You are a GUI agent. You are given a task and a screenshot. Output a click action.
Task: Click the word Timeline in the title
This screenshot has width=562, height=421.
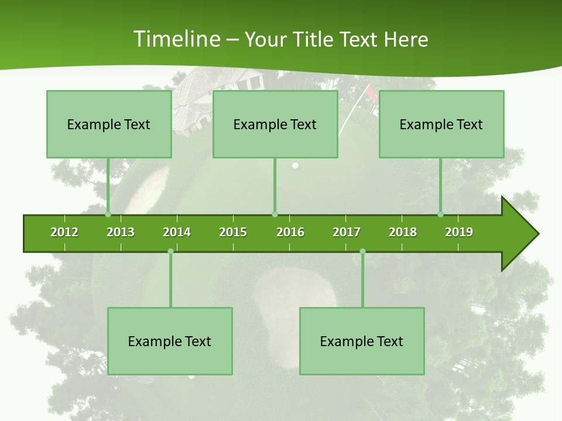pos(176,39)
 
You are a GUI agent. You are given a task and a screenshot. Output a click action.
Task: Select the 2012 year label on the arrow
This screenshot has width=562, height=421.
pos(64,232)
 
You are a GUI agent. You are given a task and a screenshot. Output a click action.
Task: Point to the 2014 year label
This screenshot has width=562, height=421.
pos(177,232)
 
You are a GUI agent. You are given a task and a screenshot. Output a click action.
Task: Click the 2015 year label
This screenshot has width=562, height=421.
pos(233,232)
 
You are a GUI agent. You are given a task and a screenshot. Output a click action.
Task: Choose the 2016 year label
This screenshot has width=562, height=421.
pos(290,232)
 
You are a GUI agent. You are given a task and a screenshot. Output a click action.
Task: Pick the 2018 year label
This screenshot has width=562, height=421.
pos(403,232)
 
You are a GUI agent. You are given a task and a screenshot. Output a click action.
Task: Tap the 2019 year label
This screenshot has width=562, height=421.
pos(459,232)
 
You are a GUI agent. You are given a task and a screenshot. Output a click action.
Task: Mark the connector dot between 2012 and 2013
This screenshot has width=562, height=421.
pos(108,214)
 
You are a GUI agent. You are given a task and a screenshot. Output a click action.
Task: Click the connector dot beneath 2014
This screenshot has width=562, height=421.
pos(170,251)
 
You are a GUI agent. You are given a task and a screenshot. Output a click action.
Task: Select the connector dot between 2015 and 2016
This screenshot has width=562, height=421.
pos(275,214)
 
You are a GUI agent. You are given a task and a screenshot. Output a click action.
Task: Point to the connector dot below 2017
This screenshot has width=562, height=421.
pos(362,251)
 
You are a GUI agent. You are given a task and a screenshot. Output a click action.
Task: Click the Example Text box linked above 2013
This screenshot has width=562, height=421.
pos(109,124)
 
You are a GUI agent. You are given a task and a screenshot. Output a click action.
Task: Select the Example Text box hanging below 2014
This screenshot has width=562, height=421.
pos(170,341)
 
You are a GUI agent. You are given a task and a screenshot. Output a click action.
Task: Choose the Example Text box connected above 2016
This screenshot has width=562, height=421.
pos(275,124)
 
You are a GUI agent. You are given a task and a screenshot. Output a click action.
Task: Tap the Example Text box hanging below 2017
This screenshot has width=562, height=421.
pos(362,341)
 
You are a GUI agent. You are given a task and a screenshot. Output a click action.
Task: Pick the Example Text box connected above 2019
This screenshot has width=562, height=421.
pos(441,124)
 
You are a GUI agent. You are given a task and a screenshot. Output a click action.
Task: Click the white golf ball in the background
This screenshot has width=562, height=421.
pos(296,165)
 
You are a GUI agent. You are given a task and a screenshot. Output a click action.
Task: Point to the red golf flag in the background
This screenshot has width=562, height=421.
pos(370,92)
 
